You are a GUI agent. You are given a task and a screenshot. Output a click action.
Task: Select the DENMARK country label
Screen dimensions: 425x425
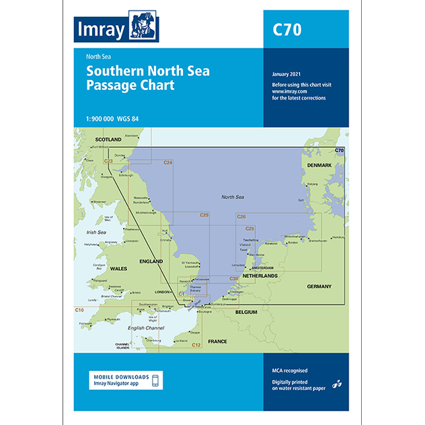[319, 165]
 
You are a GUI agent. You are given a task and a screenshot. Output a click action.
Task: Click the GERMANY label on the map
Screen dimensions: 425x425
[319, 286]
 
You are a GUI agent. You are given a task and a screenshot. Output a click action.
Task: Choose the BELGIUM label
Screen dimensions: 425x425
[246, 313]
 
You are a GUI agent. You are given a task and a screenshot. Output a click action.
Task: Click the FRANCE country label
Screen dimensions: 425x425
[217, 341]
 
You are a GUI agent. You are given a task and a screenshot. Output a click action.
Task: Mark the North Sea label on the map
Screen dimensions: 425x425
[234, 196]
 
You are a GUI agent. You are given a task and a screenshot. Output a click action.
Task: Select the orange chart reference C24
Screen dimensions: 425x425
[168, 163]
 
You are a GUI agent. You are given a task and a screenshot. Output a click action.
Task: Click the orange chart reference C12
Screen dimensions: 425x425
[196, 345]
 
